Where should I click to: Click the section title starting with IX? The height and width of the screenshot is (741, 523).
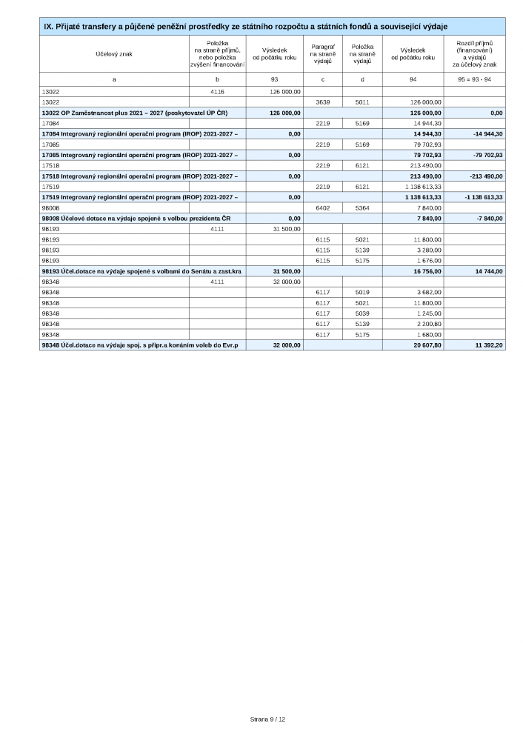tap(245, 27)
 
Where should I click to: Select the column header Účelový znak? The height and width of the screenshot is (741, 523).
tap(113, 54)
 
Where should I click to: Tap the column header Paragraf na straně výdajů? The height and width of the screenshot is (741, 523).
tap(322, 54)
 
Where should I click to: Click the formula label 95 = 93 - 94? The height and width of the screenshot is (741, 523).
tap(479, 79)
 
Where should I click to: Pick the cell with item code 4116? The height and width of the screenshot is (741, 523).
tap(217, 92)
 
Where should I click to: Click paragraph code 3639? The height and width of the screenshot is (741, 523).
tap(322, 102)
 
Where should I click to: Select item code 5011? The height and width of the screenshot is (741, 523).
tap(362, 102)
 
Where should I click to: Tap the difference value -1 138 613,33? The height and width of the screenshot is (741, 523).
tap(479, 197)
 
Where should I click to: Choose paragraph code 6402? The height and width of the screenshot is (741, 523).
tap(322, 208)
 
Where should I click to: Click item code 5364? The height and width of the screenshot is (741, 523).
tap(362, 208)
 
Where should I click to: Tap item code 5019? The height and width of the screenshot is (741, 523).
tap(362, 293)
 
